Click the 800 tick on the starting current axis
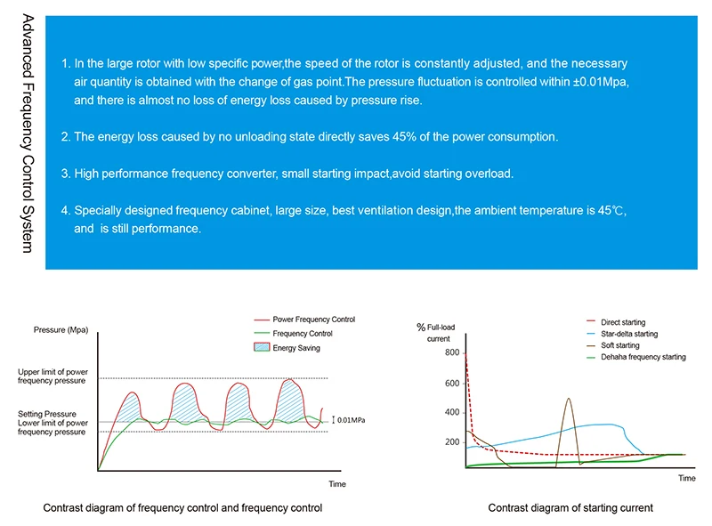452,353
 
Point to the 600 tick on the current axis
452,384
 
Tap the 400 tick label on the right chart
452,412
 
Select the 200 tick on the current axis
452,442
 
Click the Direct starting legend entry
622,322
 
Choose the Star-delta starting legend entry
628,334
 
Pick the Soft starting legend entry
619,345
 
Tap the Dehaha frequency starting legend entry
643,357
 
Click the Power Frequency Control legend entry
313,320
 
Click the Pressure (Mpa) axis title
61,330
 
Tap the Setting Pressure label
47,414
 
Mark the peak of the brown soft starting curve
569,398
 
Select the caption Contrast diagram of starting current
570,508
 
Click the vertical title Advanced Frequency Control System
27,133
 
